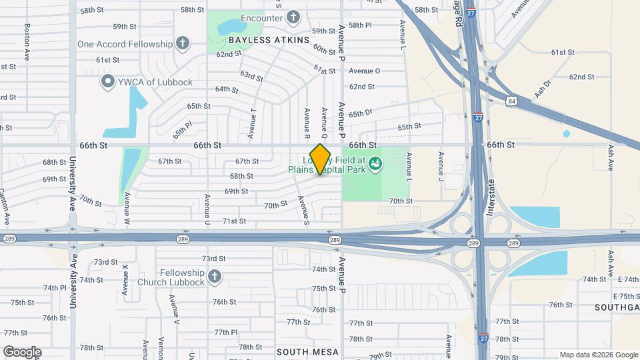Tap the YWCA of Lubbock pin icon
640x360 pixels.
[107, 82]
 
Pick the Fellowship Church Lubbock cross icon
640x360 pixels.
[214, 276]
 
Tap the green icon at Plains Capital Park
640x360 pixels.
[375, 163]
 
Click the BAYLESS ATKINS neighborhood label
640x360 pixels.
[269, 40]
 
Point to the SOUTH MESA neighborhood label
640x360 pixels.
[307, 351]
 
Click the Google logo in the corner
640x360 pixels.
[22, 352]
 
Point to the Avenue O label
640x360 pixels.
[364, 71]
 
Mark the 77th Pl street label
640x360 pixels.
[226, 332]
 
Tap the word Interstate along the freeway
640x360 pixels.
[493, 196]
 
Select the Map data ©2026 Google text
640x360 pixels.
[599, 355]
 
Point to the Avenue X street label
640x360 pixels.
[125, 279]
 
